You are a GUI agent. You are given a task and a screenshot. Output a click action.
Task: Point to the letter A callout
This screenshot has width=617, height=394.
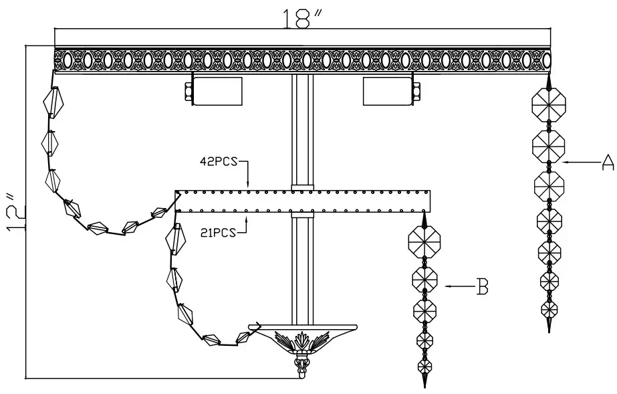click(x=606, y=162)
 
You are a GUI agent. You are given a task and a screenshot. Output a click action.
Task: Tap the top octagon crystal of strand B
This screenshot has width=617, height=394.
click(x=424, y=240)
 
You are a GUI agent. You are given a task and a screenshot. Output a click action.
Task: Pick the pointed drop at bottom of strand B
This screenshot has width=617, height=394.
click(x=424, y=380)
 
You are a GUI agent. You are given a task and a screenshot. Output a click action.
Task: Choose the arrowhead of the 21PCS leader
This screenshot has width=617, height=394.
click(x=249, y=215)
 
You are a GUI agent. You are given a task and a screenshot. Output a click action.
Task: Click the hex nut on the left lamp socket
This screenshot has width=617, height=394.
click(x=187, y=90)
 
